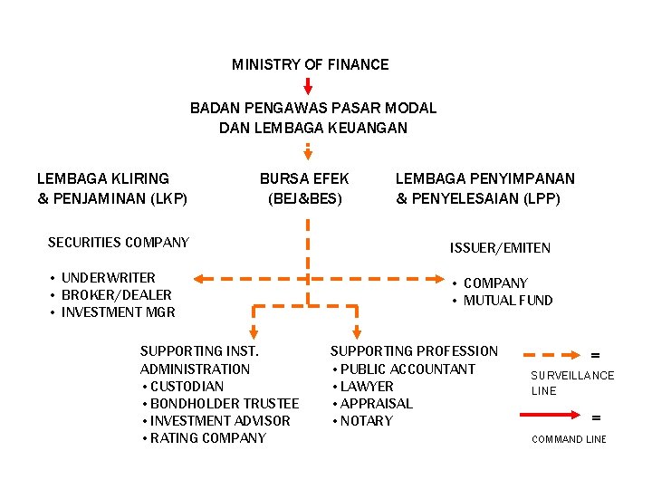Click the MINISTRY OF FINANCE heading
click(x=310, y=65)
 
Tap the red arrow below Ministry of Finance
click(x=308, y=86)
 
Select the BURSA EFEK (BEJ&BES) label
click(x=304, y=188)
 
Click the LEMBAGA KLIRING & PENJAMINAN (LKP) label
click(x=112, y=188)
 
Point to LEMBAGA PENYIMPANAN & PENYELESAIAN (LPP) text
click(x=484, y=188)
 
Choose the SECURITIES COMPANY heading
click(x=118, y=243)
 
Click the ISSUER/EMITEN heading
click(x=500, y=248)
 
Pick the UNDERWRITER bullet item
click(x=108, y=278)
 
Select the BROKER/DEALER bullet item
click(x=116, y=295)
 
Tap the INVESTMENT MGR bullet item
click(x=118, y=312)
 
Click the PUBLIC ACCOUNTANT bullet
click(x=407, y=369)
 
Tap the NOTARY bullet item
click(x=366, y=421)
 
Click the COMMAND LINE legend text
click(x=569, y=440)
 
